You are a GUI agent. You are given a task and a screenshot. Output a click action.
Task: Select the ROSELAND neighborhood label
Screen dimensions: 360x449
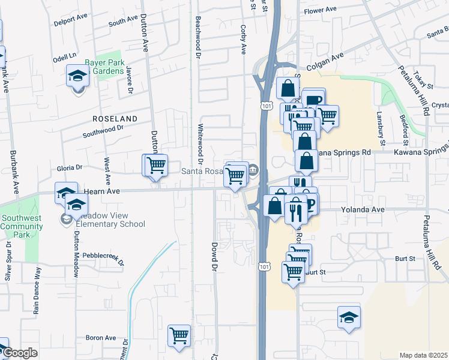coord(115,119)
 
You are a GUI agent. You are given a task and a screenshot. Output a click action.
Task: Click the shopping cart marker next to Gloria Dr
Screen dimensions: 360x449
coord(156,164)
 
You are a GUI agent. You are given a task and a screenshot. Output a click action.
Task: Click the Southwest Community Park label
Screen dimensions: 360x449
coord(22,226)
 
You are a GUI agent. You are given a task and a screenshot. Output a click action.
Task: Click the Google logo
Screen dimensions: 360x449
coord(19,353)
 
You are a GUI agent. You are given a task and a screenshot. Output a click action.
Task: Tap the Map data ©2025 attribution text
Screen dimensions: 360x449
coord(423,355)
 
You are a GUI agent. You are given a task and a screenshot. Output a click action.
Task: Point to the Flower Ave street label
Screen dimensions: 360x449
coord(321,10)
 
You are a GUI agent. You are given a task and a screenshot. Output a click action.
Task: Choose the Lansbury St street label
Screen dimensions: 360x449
coord(381,132)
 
